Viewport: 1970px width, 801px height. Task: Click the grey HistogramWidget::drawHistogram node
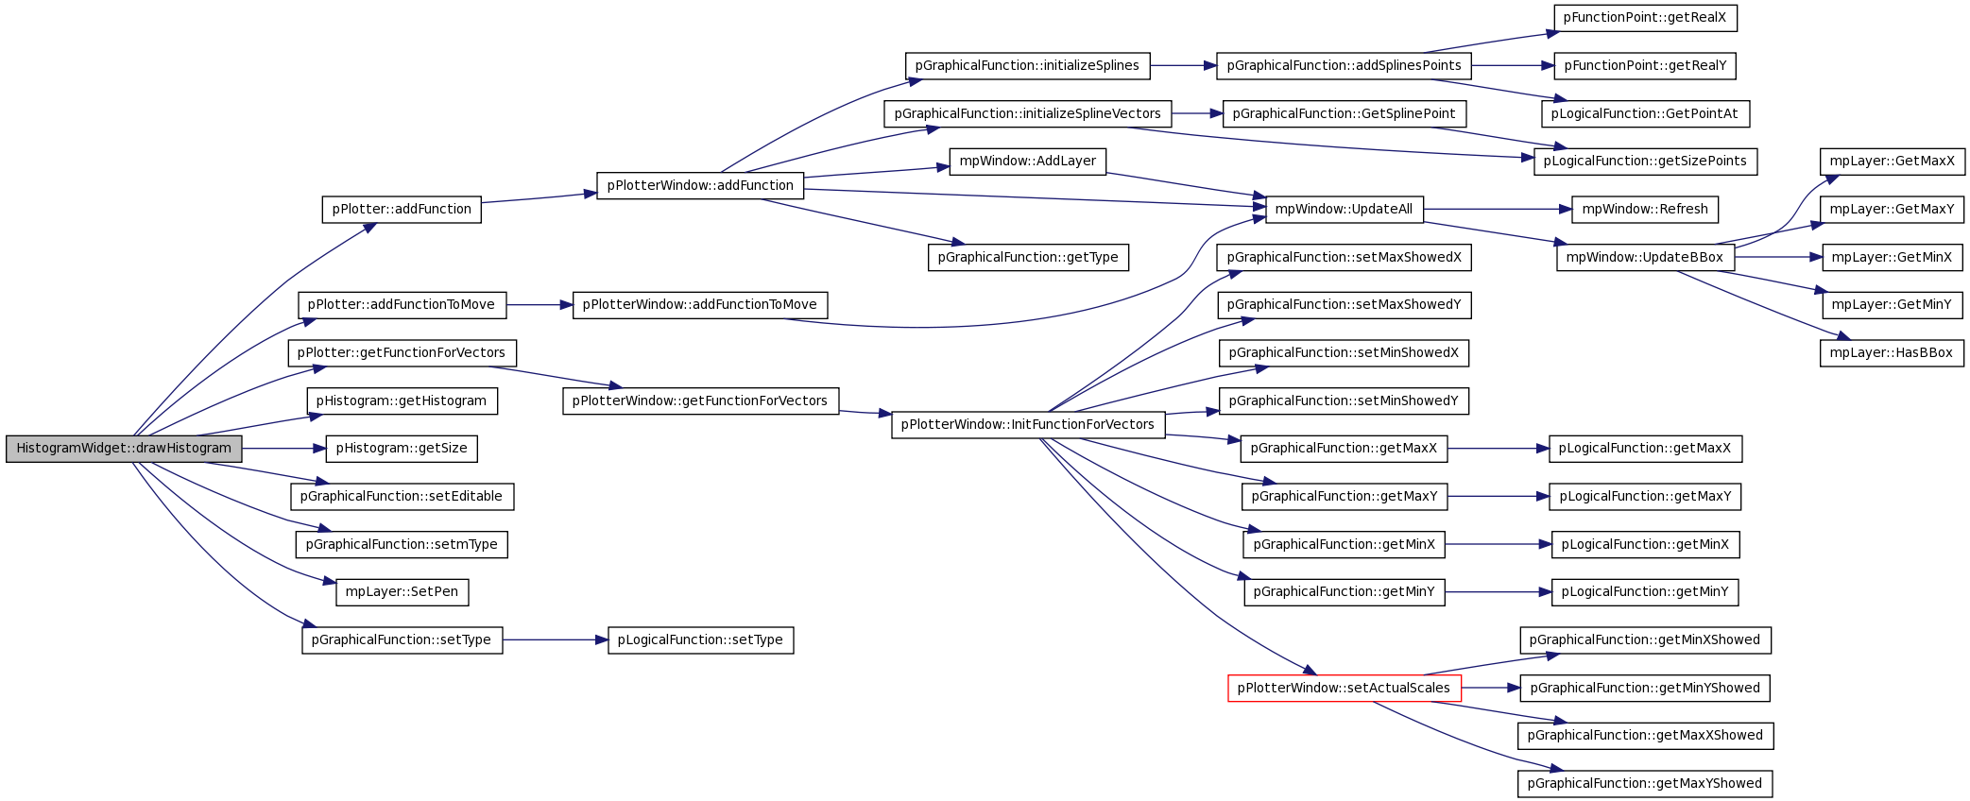[x=124, y=449]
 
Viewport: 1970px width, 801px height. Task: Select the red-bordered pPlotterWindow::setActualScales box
[x=1344, y=688]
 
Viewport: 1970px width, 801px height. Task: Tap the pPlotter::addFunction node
[x=402, y=210]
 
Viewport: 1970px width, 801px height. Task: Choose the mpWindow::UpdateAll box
[x=1344, y=210]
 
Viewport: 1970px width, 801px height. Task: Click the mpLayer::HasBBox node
[x=1892, y=353]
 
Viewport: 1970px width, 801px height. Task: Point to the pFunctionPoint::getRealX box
[x=1645, y=18]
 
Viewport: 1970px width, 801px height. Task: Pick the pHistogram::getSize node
[x=402, y=449]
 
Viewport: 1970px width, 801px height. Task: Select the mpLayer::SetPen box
[x=402, y=592]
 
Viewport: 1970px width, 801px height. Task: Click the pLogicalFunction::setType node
[x=700, y=640]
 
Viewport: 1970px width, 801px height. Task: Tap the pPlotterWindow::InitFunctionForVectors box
[x=1028, y=425]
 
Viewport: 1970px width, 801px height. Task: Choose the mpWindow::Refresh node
[x=1645, y=210]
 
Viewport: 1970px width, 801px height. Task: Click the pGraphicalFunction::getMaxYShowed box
[x=1645, y=784]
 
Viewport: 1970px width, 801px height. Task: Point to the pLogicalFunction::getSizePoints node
[x=1645, y=162]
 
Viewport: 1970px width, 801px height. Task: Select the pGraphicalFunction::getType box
[x=1028, y=258]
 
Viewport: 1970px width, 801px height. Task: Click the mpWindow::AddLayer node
[x=1028, y=162]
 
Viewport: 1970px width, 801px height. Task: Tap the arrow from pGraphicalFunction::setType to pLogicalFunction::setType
[x=556, y=640]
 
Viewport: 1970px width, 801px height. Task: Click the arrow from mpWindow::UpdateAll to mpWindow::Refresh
[x=1498, y=210]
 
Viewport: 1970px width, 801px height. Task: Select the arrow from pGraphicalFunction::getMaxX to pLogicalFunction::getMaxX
[x=1499, y=449]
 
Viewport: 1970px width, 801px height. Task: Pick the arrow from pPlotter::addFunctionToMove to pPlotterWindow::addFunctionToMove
[x=540, y=305]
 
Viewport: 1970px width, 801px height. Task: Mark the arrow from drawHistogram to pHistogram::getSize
[x=284, y=449]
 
